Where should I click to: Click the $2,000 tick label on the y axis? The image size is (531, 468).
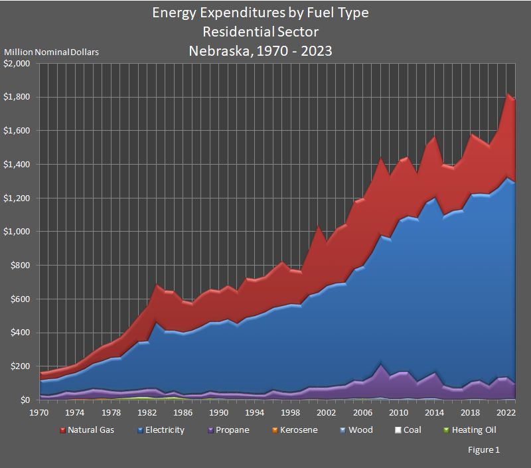18,64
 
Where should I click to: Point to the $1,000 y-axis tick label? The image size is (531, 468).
18,232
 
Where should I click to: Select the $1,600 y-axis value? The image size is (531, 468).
18,131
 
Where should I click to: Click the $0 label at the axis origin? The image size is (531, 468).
26,400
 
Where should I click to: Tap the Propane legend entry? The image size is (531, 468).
232,430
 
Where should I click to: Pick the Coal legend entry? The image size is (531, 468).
412,430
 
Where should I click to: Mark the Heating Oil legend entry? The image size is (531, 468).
474,430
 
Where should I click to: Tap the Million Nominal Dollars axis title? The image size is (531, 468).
52,52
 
